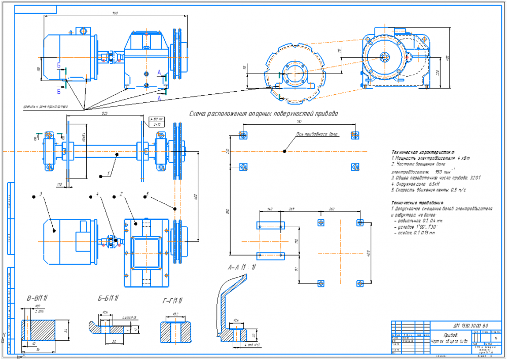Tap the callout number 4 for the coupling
(x=98, y=194)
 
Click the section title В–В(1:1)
(x=37, y=298)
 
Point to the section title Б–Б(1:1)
(x=108, y=298)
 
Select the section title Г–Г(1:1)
(x=172, y=301)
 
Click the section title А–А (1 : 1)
(x=242, y=267)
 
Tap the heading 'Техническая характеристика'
(x=423, y=152)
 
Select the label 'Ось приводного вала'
(x=317, y=135)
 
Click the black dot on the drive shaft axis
(x=285, y=151)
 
